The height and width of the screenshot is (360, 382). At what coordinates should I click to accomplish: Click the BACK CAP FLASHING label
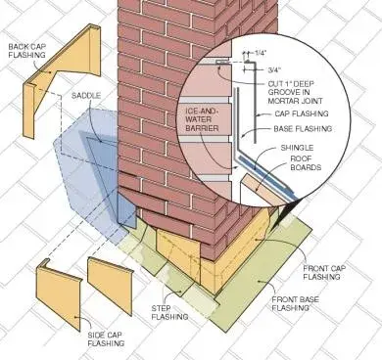click(26, 50)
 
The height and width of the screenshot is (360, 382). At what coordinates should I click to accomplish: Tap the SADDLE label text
click(86, 96)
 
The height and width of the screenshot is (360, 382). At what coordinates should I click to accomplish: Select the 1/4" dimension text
click(260, 53)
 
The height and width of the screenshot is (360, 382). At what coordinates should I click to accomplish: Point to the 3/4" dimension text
click(274, 69)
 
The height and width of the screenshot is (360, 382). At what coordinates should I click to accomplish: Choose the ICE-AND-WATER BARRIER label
click(203, 120)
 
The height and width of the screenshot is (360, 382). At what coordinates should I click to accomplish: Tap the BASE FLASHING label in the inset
click(303, 129)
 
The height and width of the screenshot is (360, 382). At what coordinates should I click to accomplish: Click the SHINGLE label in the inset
click(297, 148)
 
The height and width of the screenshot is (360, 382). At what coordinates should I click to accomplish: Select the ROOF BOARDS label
click(306, 163)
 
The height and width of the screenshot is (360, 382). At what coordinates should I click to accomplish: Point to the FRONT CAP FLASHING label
click(324, 272)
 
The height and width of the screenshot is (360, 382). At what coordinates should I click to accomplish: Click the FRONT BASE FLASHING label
click(296, 303)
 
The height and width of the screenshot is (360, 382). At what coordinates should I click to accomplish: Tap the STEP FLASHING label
click(169, 312)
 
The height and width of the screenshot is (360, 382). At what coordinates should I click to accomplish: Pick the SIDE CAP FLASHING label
click(107, 338)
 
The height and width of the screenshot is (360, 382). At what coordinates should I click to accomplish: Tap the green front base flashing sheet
click(262, 281)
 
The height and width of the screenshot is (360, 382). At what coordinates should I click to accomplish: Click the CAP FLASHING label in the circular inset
click(302, 113)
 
